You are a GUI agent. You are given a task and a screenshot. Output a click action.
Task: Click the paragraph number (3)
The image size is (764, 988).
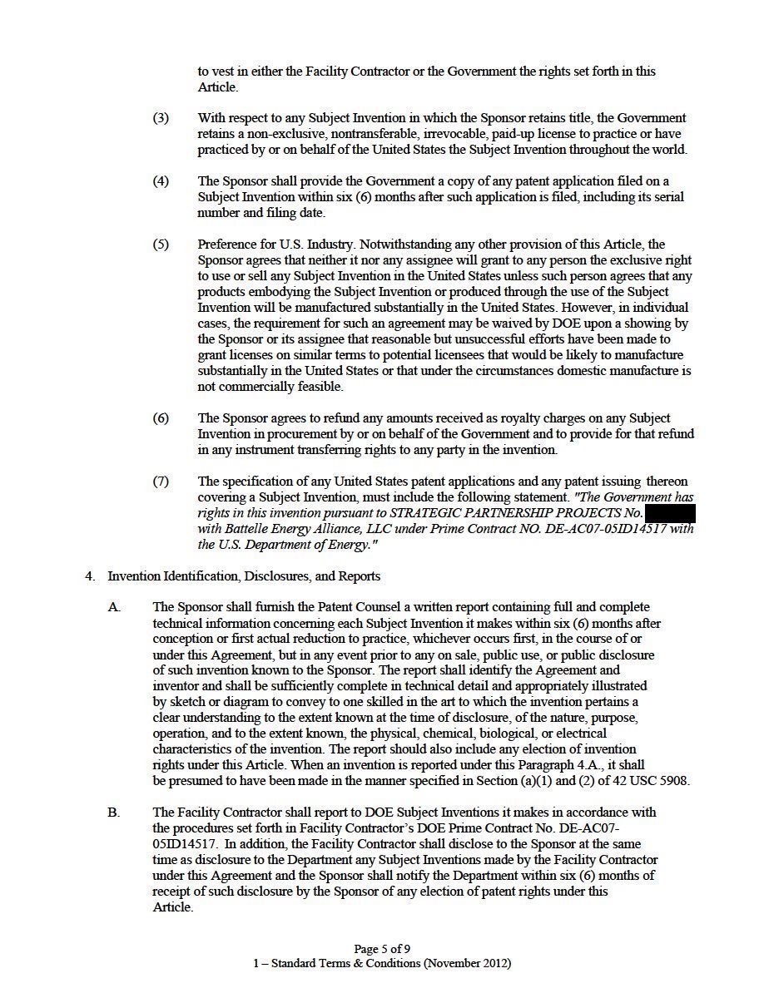click(x=161, y=118)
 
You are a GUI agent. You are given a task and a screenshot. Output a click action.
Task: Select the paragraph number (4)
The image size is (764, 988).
click(x=161, y=181)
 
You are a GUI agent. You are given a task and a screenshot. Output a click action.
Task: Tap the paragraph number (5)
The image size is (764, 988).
click(x=161, y=245)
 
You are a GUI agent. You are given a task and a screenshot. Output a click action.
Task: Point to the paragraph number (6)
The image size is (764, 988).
click(x=161, y=418)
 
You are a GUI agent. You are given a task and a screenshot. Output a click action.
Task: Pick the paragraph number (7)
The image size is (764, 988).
click(x=161, y=482)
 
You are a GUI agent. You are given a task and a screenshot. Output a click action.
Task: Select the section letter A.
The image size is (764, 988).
click(x=113, y=607)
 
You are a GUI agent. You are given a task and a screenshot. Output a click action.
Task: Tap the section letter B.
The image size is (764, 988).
click(x=113, y=813)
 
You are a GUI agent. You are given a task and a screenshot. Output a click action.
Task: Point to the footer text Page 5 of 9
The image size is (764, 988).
click(x=382, y=949)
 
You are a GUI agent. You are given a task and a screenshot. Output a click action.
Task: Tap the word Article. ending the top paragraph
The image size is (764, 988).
click(x=218, y=87)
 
